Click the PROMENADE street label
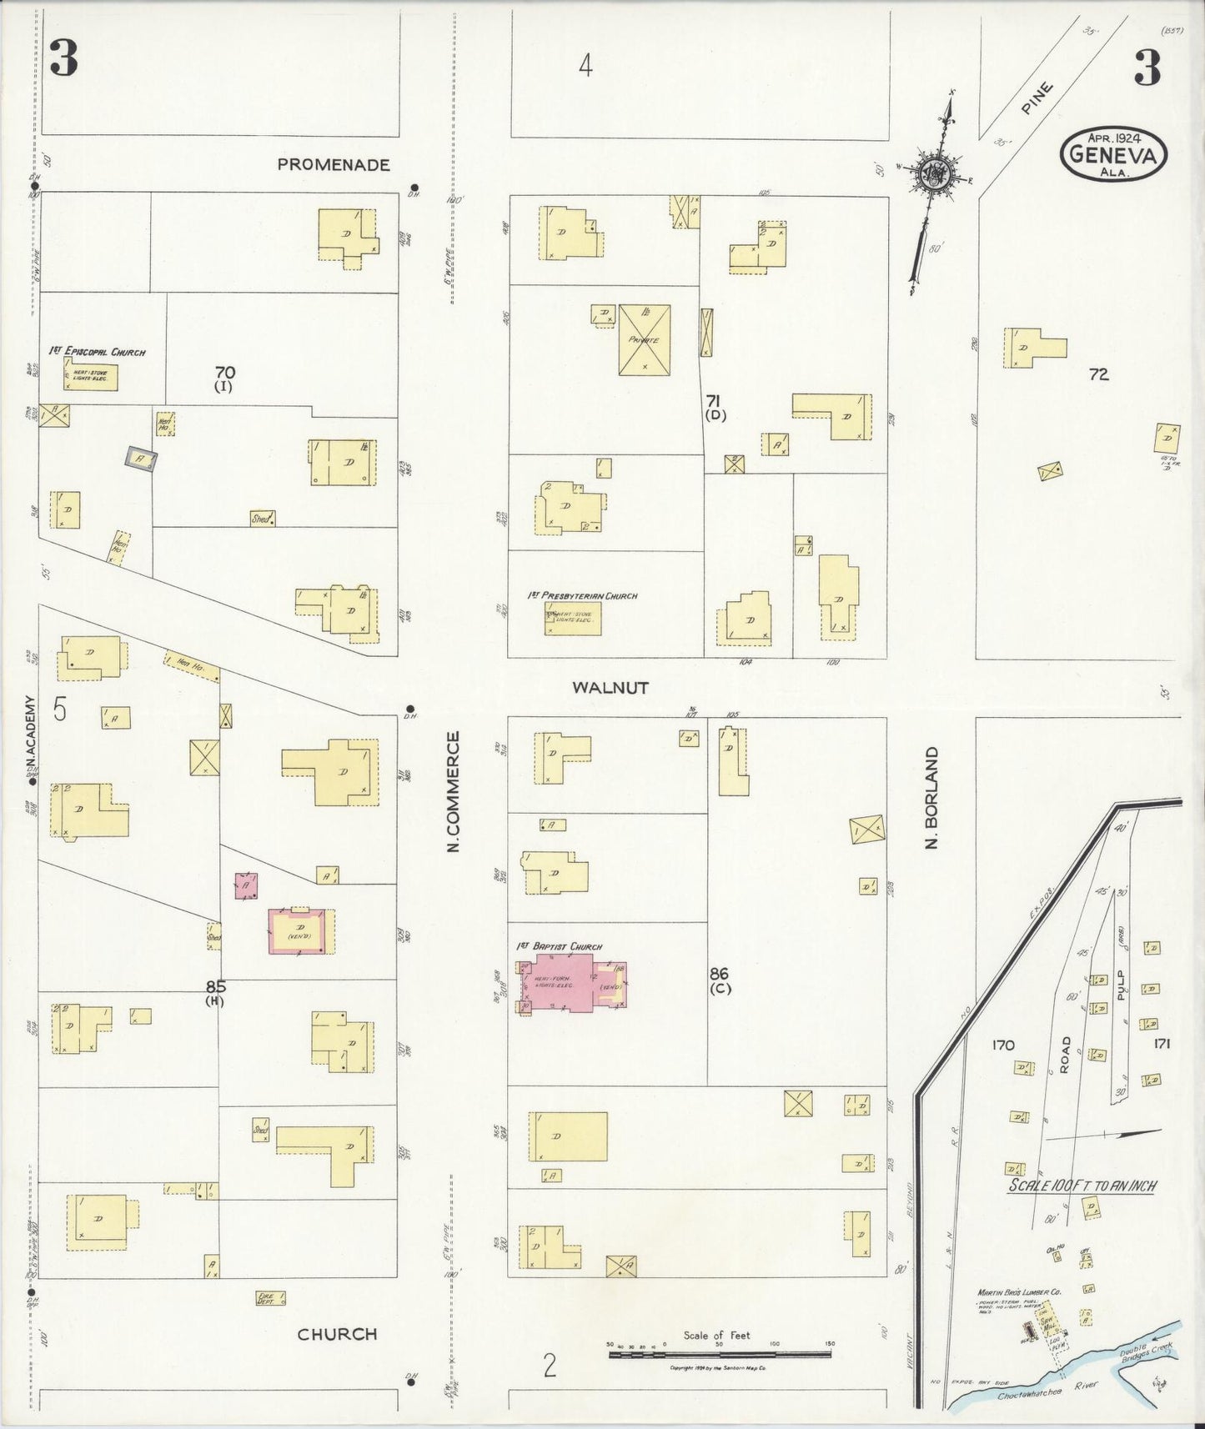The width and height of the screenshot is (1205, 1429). click(334, 164)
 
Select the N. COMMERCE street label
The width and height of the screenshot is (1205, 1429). click(454, 791)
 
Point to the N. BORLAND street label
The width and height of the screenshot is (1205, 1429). click(932, 798)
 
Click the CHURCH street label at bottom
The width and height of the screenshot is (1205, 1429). click(338, 1334)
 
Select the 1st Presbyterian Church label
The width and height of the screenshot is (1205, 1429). click(582, 596)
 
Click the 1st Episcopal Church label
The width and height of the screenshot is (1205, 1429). click(97, 352)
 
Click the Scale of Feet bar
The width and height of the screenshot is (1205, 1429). click(721, 1356)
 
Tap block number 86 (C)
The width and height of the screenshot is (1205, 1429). click(720, 980)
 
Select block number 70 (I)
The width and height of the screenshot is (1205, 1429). click(223, 379)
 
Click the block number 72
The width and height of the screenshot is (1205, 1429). click(1098, 374)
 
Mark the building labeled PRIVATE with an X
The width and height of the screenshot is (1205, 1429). click(644, 339)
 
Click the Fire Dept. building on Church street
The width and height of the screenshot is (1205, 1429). click(270, 1298)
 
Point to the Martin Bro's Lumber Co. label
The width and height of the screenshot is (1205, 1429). click(1018, 1293)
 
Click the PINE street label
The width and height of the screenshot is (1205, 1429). click(1034, 98)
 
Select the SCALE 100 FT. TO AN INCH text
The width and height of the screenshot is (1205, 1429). click(1082, 1186)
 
